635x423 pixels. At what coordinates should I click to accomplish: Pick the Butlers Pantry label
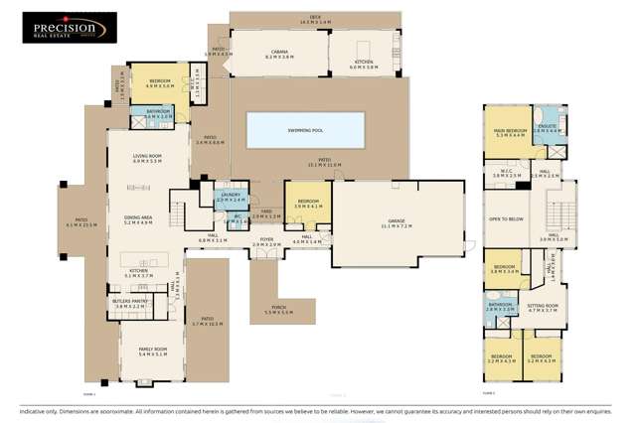[x=130, y=305]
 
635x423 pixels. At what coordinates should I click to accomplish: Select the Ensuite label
[x=547, y=127]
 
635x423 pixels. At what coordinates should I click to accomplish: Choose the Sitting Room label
[x=543, y=309]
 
